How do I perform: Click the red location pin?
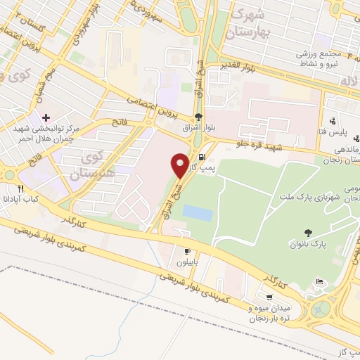click(x=180, y=165)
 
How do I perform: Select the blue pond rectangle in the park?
click(x=202, y=213)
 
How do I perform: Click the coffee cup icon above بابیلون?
click(x=187, y=252)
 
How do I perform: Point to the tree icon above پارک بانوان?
click(x=309, y=233)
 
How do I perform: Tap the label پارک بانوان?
click(x=309, y=245)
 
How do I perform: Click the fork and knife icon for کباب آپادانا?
click(x=20, y=188)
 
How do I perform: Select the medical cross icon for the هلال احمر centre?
click(x=46, y=117)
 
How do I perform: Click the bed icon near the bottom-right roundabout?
click(x=321, y=282)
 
